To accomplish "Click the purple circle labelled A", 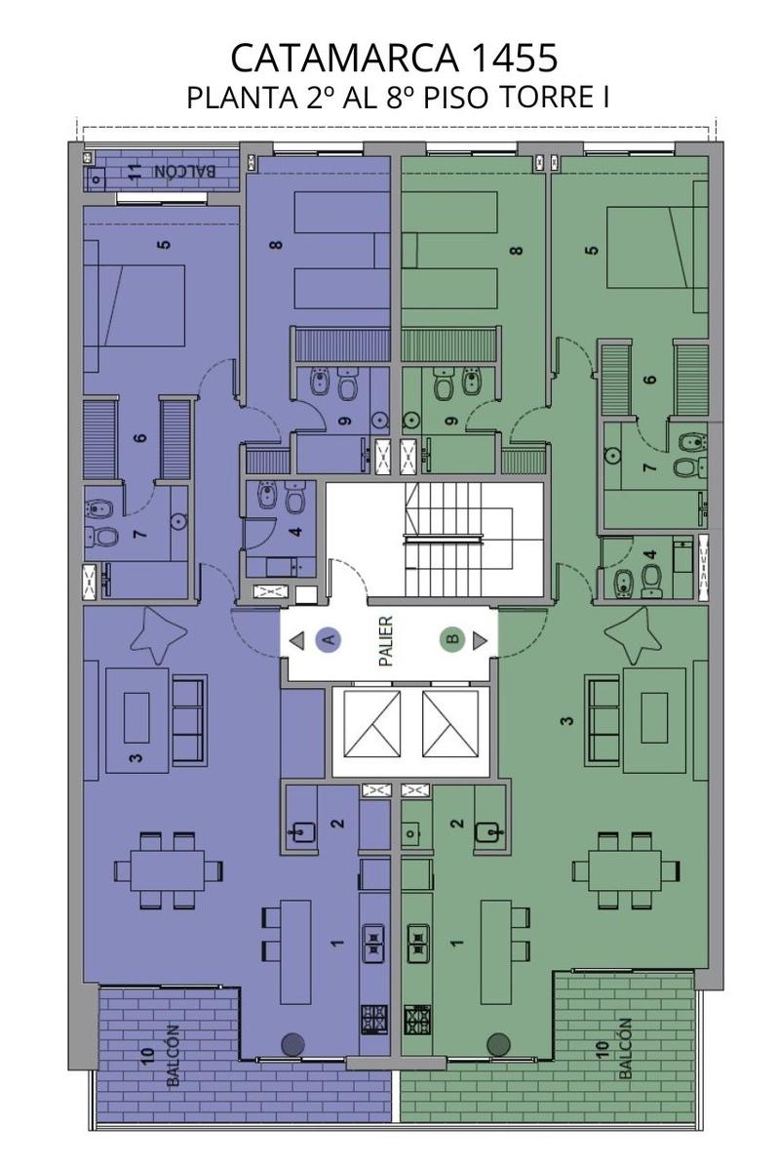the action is [328, 639].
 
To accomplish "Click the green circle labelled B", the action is [452, 639].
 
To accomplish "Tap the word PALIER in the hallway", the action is [386, 641].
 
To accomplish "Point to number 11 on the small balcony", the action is [136, 172].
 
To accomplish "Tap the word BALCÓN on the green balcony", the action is [625, 1048].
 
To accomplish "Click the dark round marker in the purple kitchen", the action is [292, 1044].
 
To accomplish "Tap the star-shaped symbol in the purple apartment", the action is [158, 634].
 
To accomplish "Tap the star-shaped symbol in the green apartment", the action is [633, 634].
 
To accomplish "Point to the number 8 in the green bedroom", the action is [517, 251].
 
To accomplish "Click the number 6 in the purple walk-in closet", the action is [139, 437].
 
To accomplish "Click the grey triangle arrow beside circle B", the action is [480, 640].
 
